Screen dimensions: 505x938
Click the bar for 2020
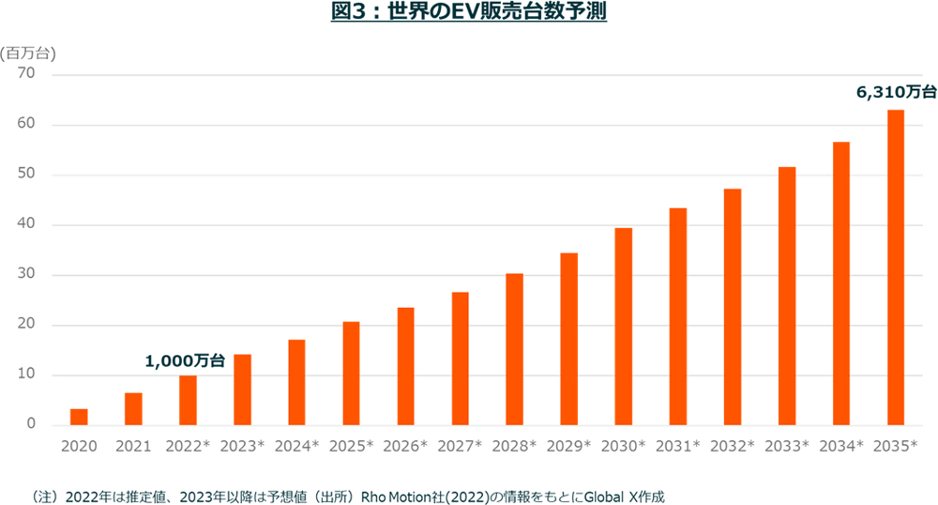(79, 418)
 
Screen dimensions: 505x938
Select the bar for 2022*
(188, 401)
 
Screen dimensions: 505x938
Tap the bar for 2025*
(351, 374)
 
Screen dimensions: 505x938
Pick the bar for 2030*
(623, 327)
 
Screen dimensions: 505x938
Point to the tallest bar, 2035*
(895, 268)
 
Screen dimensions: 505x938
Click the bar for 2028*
(514, 349)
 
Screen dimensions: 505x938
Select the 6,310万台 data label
(896, 92)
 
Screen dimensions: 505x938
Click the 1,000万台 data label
(185, 360)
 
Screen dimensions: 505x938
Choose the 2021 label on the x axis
(133, 446)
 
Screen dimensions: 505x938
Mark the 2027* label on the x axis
(460, 446)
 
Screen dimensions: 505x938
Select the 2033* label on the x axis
(786, 446)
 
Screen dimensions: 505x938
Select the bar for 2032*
(732, 307)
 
